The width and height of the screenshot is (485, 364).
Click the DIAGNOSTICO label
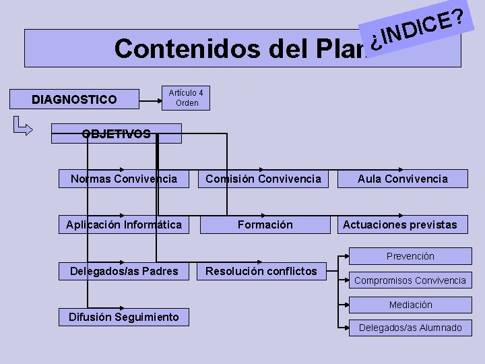coord(74,100)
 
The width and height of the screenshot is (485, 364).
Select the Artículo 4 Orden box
coord(187,98)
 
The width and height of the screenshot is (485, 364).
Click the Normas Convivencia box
coord(124,179)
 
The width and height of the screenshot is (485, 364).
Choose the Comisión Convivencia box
coord(263,179)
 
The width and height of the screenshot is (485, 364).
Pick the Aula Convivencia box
coord(402,179)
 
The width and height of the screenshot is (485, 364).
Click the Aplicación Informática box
coord(124,224)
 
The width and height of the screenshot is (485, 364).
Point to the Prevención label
coord(410,256)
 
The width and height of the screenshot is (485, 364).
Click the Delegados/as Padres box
coord(124,271)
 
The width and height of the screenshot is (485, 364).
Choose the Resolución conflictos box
coord(261,271)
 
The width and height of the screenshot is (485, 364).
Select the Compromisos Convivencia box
coord(410,280)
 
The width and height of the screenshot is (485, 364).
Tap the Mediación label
coord(410,305)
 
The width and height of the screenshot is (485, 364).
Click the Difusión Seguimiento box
coord(124,317)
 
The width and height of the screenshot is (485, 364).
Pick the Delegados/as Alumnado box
coord(410,328)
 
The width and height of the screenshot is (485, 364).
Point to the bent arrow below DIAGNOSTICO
coord(22,126)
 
